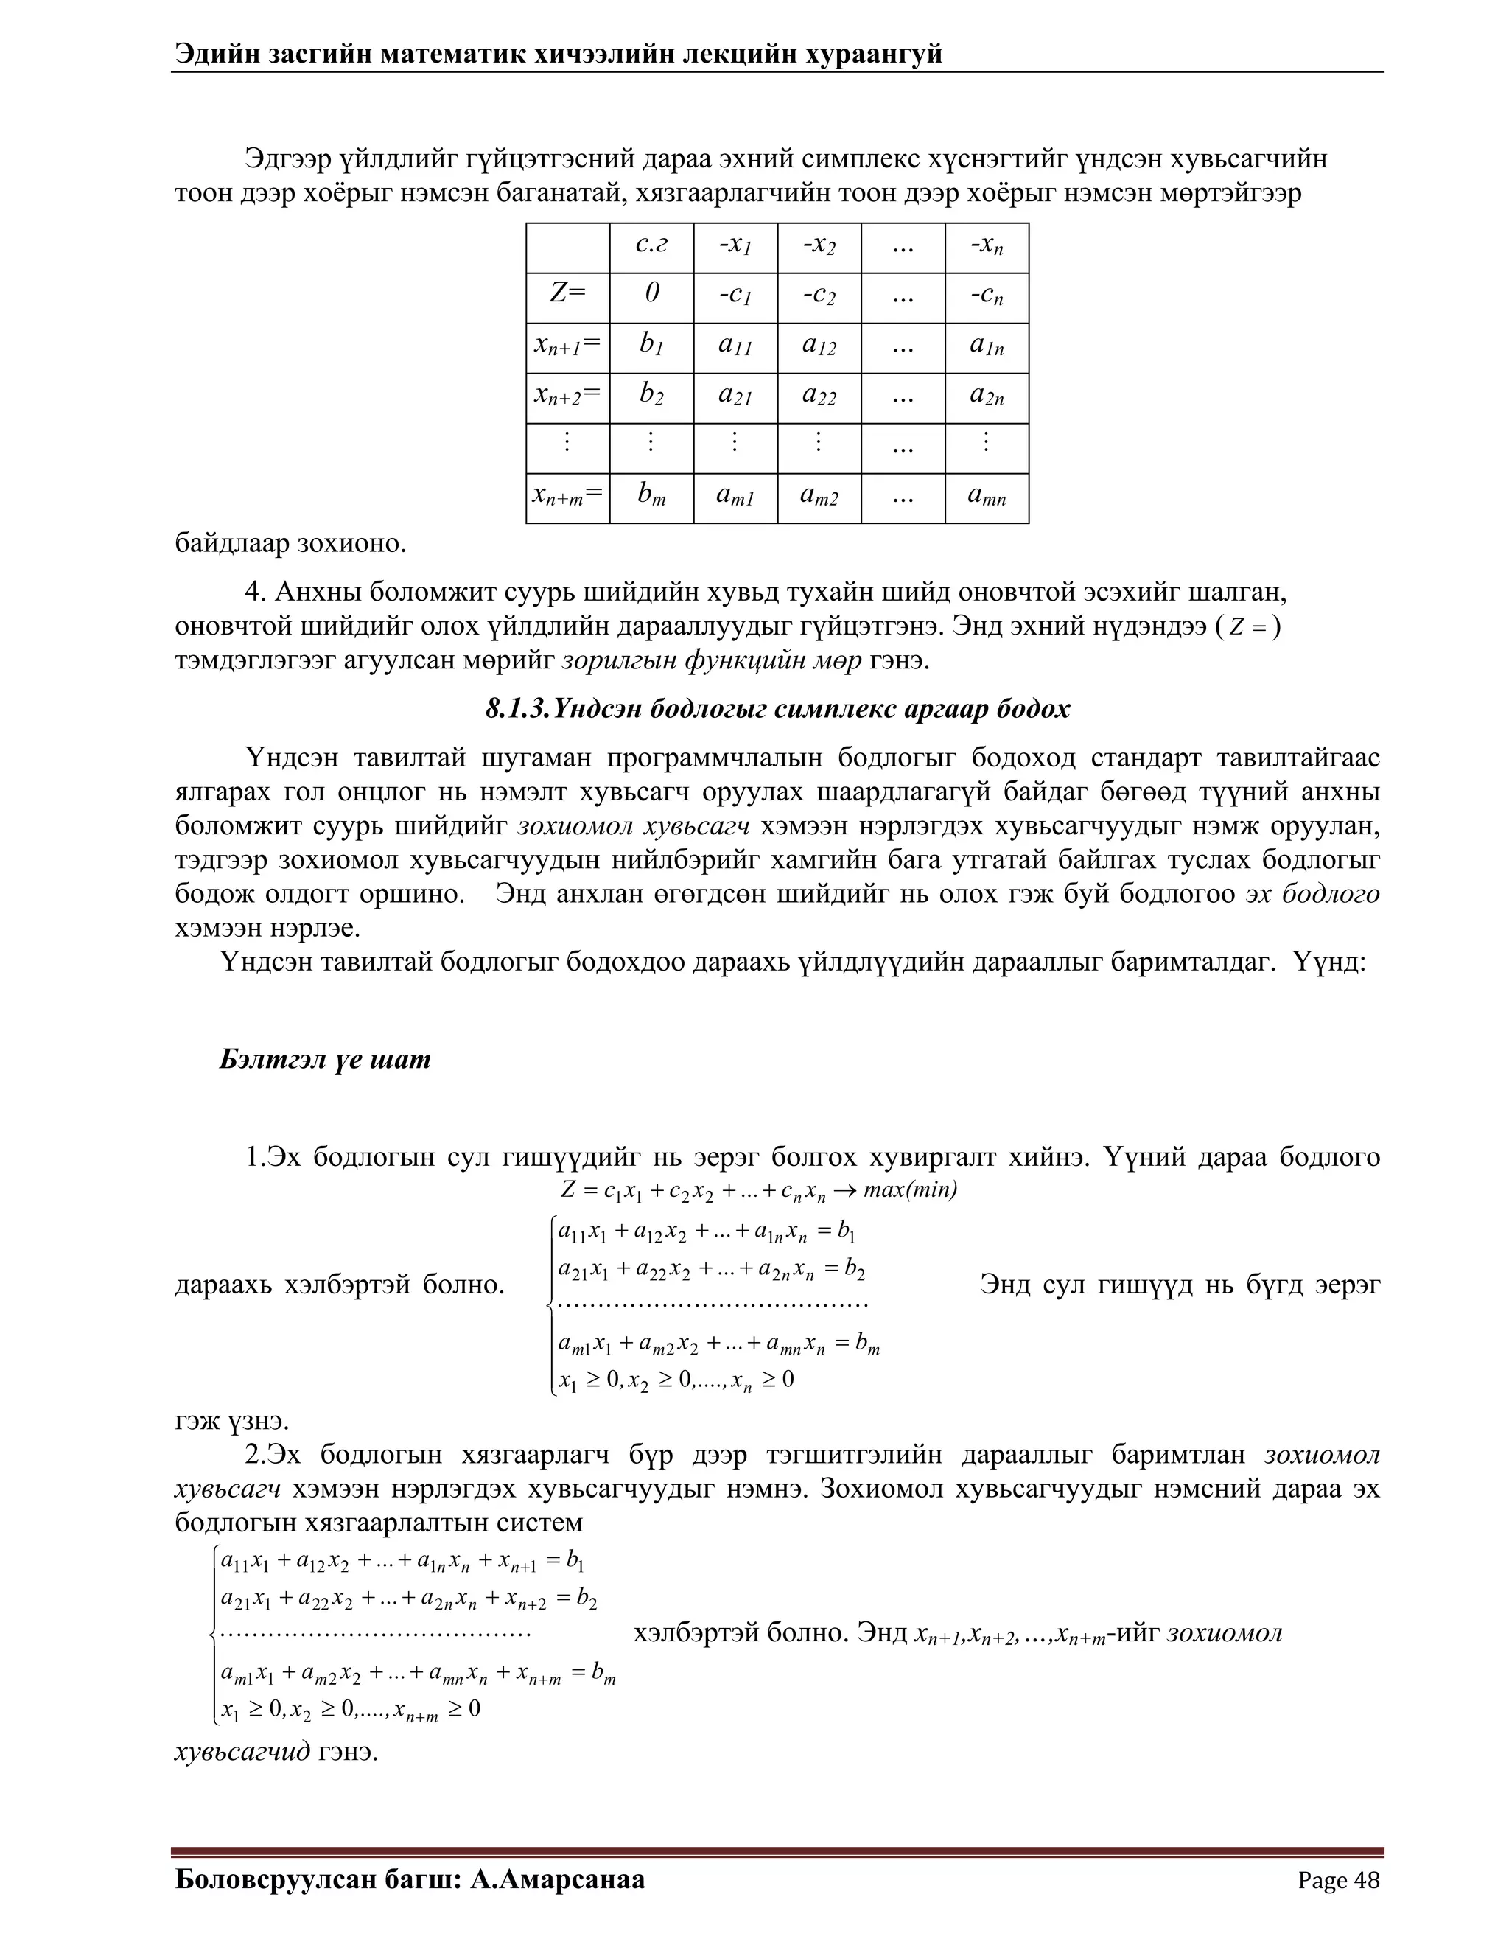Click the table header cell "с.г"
(x=651, y=245)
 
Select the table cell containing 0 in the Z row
(x=651, y=294)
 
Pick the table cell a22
(x=819, y=394)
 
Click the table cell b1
(x=651, y=344)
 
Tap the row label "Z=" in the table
(x=567, y=294)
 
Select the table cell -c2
(x=819, y=294)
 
